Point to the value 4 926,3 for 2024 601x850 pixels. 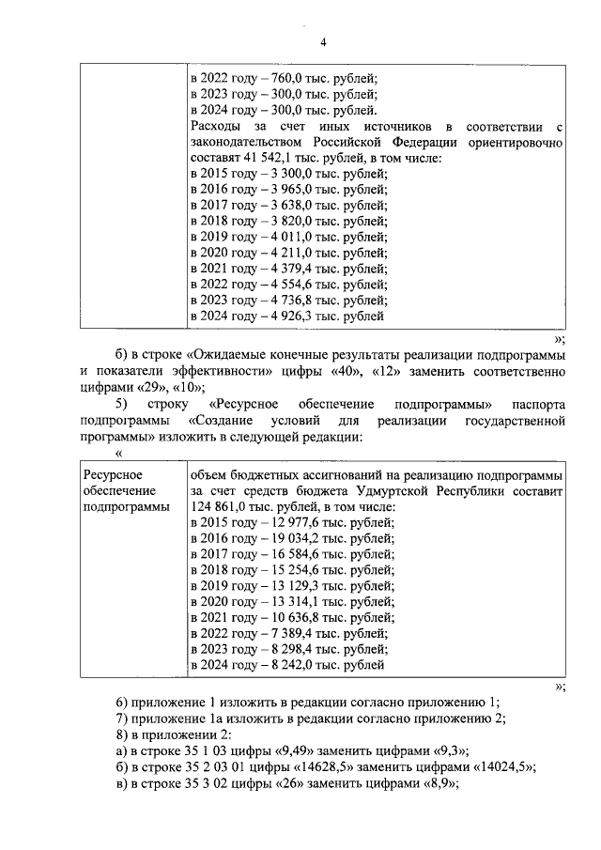[x=281, y=317]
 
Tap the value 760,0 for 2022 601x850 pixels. [x=278, y=79]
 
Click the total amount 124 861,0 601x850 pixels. [x=223, y=507]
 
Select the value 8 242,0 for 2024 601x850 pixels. [x=281, y=665]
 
